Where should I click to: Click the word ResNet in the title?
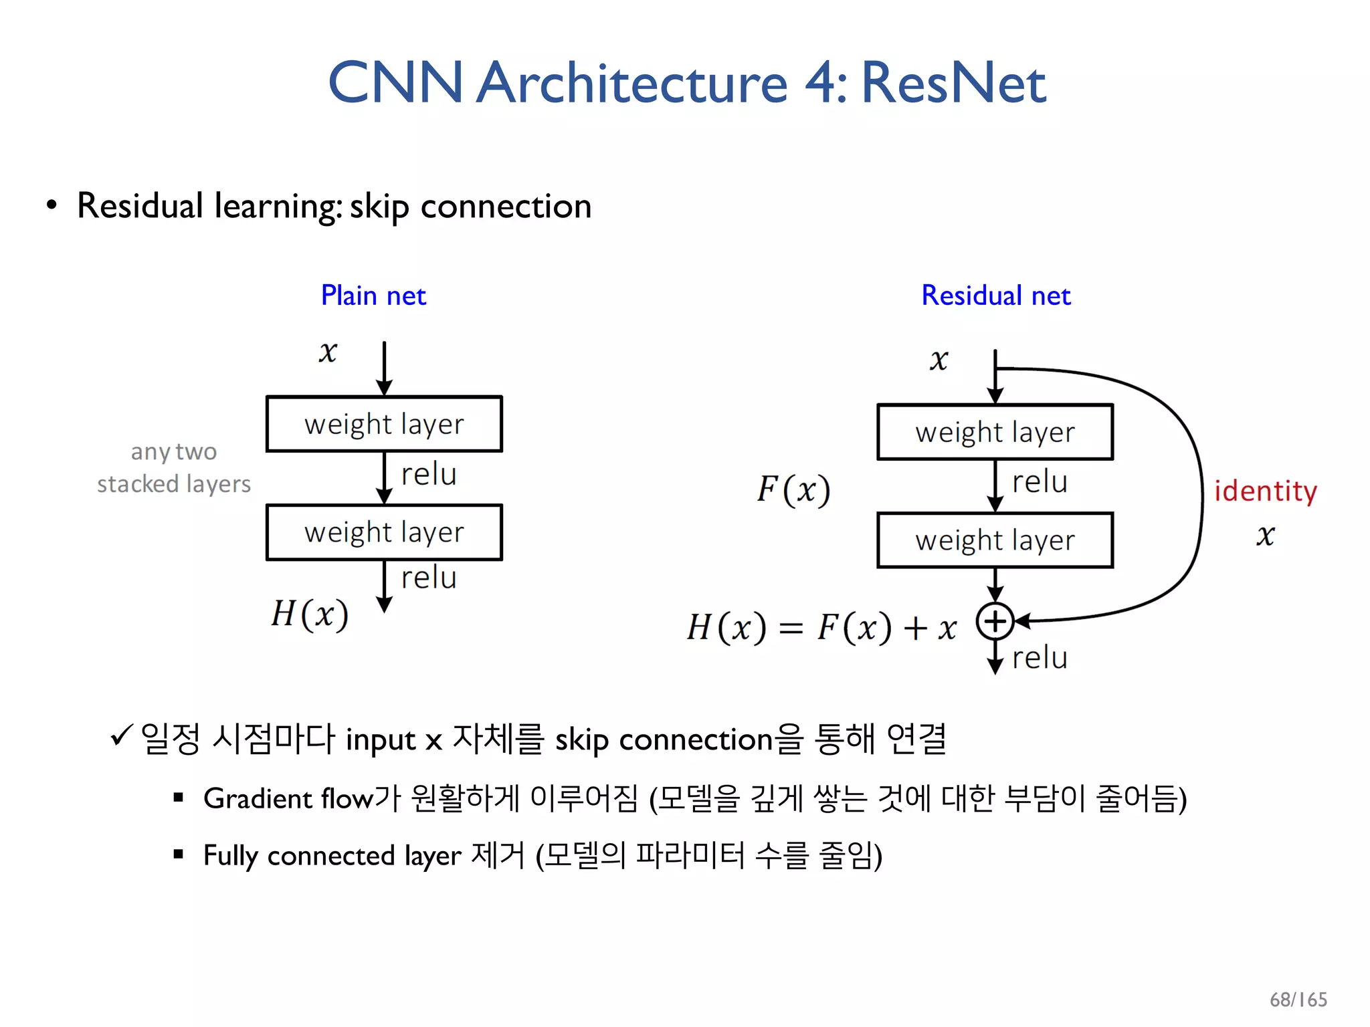(953, 83)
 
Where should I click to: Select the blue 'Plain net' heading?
(373, 296)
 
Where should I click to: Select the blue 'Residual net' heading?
(995, 296)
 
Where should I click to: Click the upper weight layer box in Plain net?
(384, 424)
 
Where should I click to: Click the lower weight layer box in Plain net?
(384, 532)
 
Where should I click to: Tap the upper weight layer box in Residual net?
(995, 432)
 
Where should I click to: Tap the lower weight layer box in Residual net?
(995, 540)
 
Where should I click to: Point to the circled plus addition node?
(995, 621)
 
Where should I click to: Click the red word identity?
(1265, 491)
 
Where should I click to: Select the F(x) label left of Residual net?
(793, 489)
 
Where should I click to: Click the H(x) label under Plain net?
(310, 614)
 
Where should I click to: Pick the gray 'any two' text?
(174, 452)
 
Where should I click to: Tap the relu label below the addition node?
(1040, 658)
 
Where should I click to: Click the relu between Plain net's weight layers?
(429, 474)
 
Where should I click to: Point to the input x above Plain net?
(328, 352)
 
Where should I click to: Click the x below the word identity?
(1265, 535)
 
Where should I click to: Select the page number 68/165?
(1298, 1000)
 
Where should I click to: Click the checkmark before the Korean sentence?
(122, 735)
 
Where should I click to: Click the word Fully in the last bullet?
(230, 857)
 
